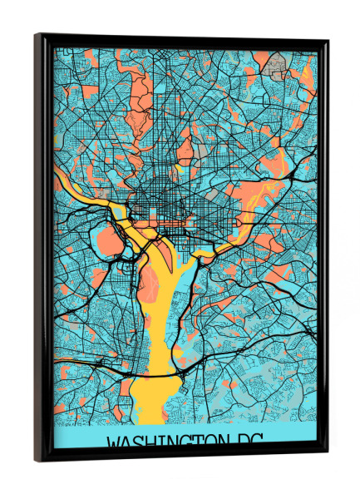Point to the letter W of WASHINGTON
[x=116, y=442]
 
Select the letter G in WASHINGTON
[x=174, y=442]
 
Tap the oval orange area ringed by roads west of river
[x=108, y=242]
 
